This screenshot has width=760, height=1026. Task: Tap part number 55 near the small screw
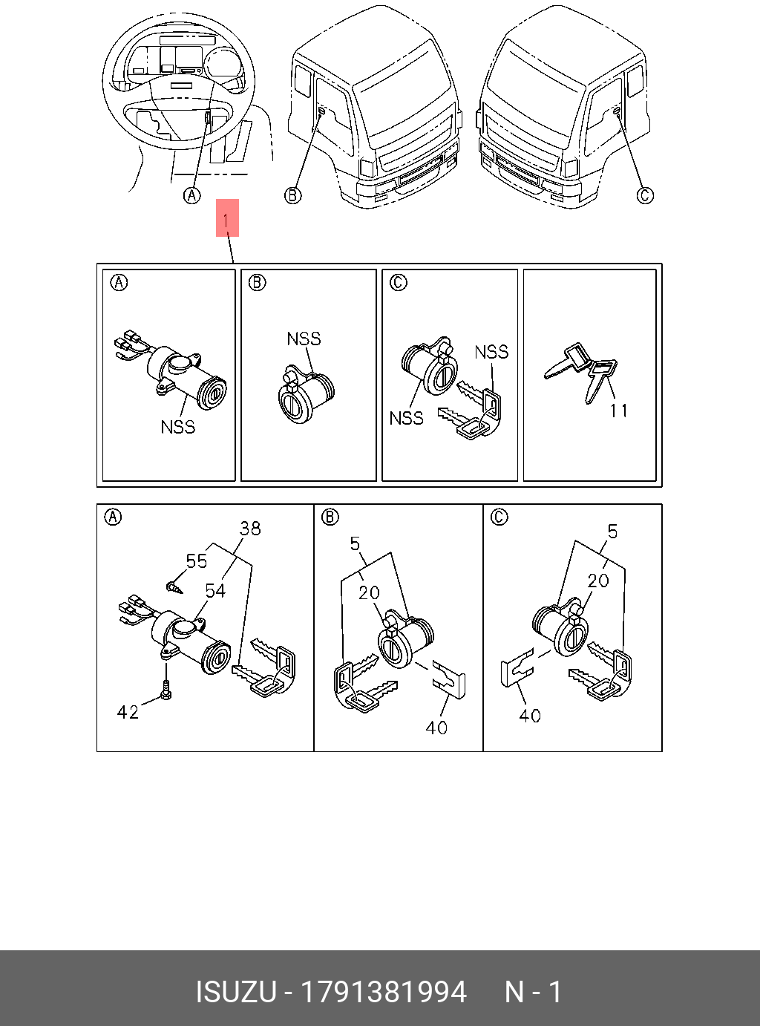tap(197, 561)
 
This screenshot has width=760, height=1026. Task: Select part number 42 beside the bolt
tap(128, 713)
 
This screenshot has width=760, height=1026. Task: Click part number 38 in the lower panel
tap(250, 529)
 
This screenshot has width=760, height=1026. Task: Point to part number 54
tap(215, 591)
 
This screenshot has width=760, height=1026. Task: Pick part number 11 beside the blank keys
tap(619, 411)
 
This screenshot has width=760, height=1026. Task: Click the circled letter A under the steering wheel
tap(192, 195)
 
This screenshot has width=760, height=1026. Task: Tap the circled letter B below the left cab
tap(293, 195)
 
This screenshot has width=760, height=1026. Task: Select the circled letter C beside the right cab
tap(646, 195)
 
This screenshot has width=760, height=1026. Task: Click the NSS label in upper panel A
tap(178, 427)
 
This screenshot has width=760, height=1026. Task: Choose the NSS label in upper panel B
tap(304, 339)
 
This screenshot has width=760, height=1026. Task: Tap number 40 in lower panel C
tap(530, 716)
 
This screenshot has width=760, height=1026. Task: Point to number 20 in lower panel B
tap(369, 593)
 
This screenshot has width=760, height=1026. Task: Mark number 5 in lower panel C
tap(612, 532)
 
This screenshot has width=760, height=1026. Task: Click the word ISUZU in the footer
tap(235, 992)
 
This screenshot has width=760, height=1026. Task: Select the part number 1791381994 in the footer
tap(382, 992)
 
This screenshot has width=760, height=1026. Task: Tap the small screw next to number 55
tap(174, 588)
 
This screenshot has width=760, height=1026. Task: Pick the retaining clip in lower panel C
tap(517, 667)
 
